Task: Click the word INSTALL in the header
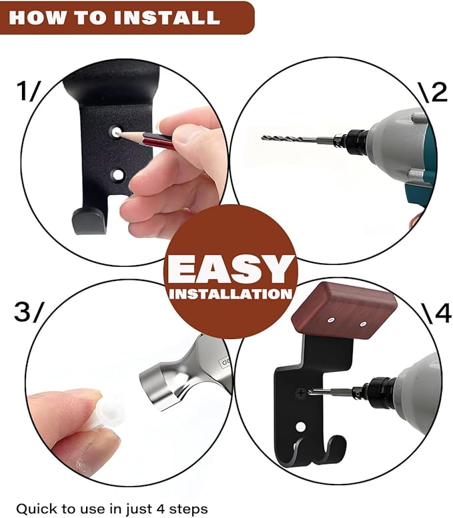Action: pos(167,17)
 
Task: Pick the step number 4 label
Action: pos(442,313)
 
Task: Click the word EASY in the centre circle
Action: pos(231,270)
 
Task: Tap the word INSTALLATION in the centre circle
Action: pos(230,294)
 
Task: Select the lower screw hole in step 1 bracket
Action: pos(117,175)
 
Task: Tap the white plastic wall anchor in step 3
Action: pos(107,410)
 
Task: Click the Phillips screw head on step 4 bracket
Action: pos(301,393)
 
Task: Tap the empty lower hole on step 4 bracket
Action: pos(300,427)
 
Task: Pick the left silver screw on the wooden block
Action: pos(331,320)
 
